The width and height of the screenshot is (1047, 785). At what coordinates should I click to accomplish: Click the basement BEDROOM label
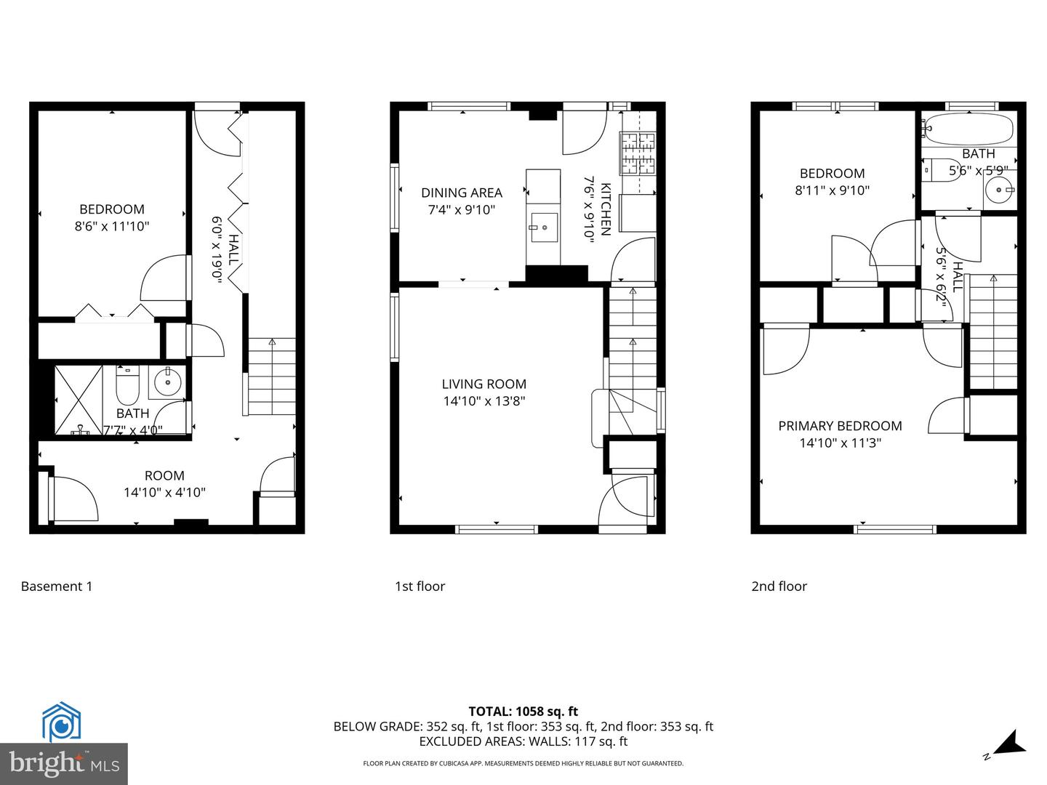(112, 209)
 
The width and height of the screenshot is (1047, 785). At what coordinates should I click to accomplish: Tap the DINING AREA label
(462, 193)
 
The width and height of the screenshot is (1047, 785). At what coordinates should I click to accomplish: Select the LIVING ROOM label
(484, 384)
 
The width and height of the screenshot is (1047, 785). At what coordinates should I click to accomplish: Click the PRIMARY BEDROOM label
(840, 426)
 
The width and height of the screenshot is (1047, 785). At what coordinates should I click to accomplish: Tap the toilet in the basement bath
(127, 387)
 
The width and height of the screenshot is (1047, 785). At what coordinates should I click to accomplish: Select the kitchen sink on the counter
(543, 228)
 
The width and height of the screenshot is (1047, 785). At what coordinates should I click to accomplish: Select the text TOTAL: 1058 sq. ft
(523, 712)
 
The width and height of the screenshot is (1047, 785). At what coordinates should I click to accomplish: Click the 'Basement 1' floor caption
(57, 587)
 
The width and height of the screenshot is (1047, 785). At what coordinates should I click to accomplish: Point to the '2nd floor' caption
(779, 587)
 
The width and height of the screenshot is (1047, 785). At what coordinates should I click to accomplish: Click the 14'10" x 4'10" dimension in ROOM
(164, 493)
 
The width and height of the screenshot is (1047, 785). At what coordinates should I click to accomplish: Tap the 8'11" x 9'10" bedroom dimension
(833, 190)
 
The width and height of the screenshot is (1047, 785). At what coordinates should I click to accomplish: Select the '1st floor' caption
(420, 587)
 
